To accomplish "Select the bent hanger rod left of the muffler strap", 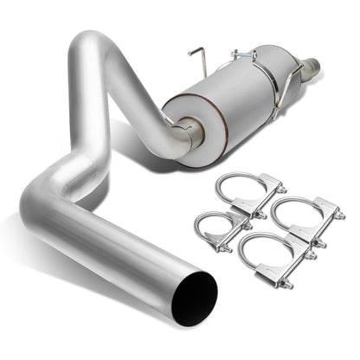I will pyautogui.click(x=196, y=56).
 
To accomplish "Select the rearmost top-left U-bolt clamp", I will pyautogui.click(x=247, y=190).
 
